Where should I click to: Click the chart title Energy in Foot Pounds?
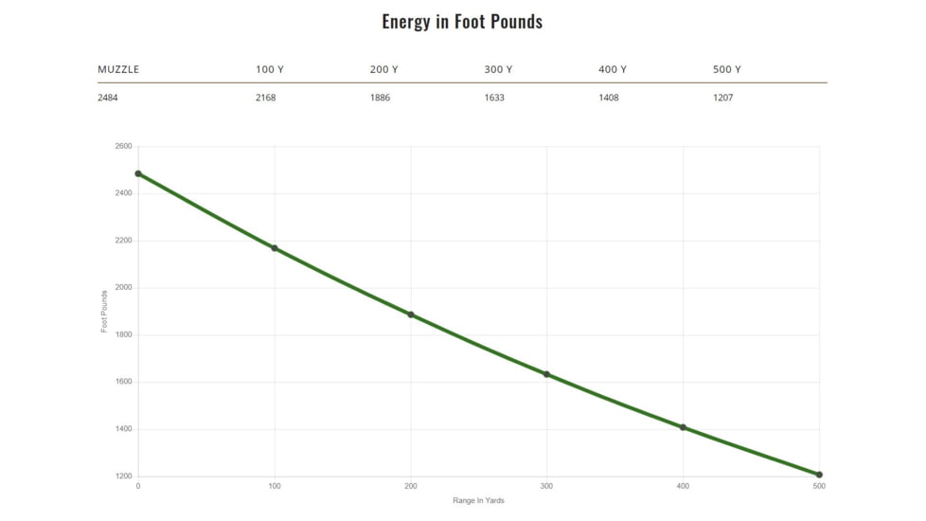[462, 22]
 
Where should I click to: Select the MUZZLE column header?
[118, 69]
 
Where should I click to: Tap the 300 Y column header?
[498, 69]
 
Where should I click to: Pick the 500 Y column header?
[726, 69]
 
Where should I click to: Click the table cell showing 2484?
[108, 98]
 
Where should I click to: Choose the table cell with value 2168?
[265, 98]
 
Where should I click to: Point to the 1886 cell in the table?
[380, 98]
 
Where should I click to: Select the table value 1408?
[609, 98]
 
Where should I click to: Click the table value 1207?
[722, 98]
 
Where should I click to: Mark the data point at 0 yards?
[138, 173]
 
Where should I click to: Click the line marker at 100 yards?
[275, 248]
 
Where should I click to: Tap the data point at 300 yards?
[546, 374]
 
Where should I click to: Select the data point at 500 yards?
[819, 475]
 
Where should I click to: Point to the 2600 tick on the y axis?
[123, 147]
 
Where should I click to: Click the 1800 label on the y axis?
[123, 335]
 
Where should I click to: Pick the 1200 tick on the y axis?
[123, 476]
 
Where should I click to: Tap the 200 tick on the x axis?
[410, 486]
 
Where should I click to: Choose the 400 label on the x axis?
[683, 486]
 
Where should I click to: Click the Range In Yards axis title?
[478, 500]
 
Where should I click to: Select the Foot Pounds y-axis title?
[104, 312]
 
